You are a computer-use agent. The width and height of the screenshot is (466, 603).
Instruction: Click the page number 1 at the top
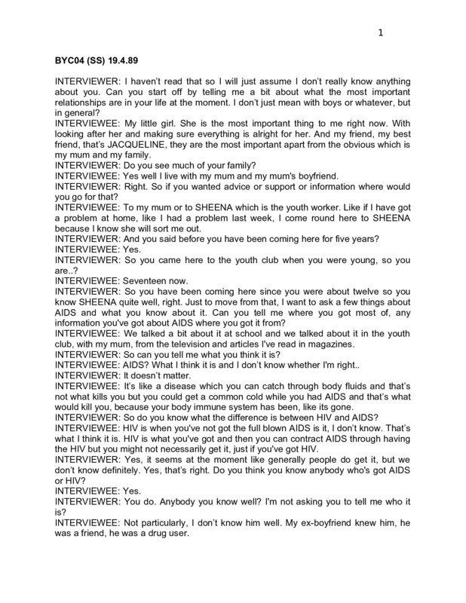pyautogui.click(x=381, y=32)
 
